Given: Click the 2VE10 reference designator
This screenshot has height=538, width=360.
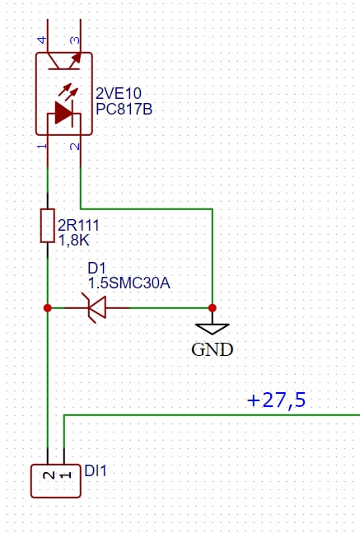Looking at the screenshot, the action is tap(119, 93).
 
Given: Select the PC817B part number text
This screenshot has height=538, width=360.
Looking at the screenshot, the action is tap(124, 109).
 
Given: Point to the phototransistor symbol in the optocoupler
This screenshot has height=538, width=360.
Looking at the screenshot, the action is tap(64, 61).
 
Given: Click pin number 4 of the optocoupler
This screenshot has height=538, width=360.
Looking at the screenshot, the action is tap(42, 40).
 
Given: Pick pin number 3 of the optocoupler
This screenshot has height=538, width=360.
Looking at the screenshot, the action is tap(75, 40).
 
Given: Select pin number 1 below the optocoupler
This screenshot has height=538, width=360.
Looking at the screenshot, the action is tap(42, 146).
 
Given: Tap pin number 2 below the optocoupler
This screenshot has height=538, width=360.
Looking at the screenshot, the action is tap(75, 147).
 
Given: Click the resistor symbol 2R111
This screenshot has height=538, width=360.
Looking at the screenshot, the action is tap(47, 226).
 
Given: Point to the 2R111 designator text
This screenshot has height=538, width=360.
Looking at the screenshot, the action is tap(78, 226).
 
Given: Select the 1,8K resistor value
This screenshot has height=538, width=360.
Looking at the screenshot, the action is tap(74, 241).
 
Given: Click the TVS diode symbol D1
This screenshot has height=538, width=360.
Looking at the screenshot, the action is tap(97, 308).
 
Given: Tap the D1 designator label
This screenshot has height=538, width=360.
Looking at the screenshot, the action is tap(96, 269).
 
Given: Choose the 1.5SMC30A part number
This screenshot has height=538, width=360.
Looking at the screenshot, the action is tap(129, 283).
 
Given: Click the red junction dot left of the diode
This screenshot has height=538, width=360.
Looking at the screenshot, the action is tap(48, 308).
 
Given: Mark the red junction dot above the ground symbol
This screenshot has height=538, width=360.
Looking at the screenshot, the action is tap(213, 308).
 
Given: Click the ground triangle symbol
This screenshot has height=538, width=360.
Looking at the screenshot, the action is tap(213, 329).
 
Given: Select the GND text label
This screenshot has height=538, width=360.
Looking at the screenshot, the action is tap(213, 349).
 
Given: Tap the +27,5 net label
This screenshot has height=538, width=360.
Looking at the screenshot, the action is tap(276, 400).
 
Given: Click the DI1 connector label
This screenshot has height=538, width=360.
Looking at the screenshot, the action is tap(96, 470).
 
